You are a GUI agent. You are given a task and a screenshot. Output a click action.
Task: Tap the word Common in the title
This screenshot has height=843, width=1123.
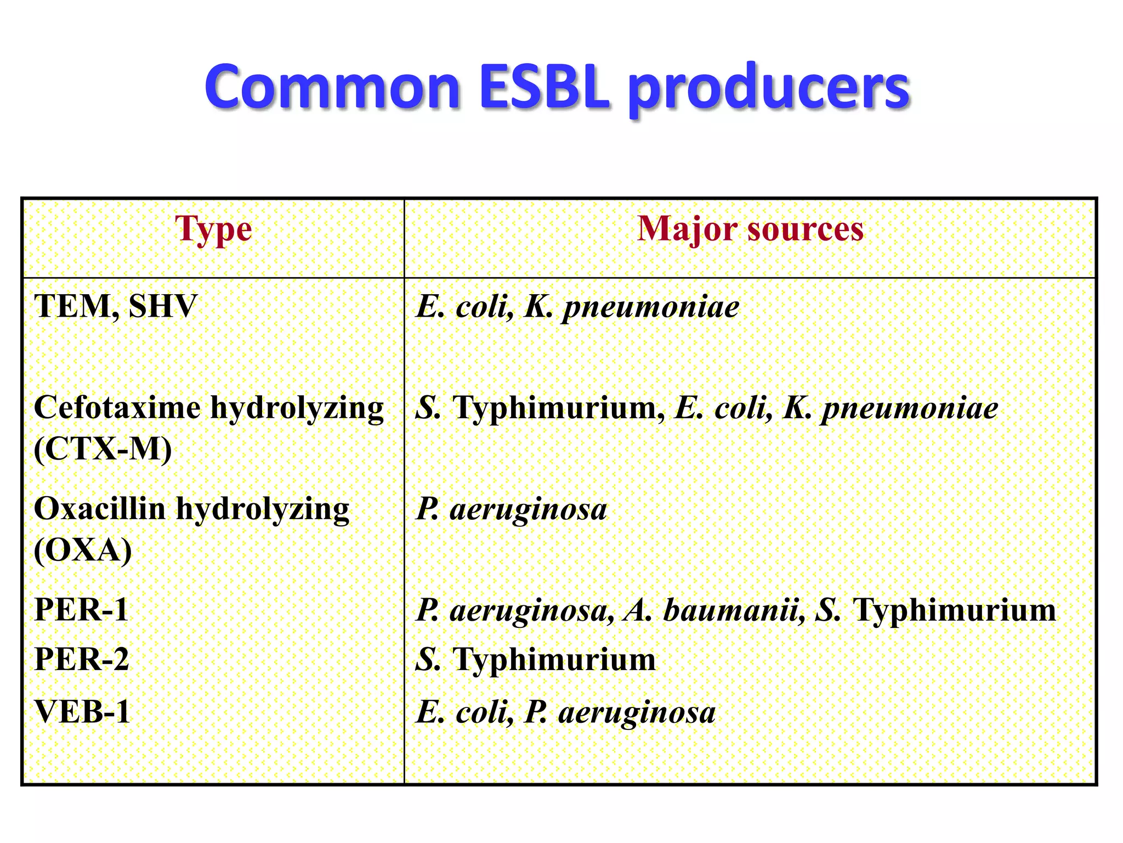coord(332,87)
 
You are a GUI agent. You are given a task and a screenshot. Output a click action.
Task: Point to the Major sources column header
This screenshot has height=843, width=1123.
coord(750,228)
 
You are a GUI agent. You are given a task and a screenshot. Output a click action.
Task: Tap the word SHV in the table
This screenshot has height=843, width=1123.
coord(162,306)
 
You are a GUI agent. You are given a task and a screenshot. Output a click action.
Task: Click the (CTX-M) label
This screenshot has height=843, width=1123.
coord(103,449)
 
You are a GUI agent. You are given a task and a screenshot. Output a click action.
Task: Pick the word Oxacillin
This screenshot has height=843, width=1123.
coord(99,509)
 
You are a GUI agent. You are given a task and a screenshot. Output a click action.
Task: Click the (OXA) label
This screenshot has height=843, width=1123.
coord(83,550)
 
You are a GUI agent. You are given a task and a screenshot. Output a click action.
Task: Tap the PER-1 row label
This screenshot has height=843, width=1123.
coord(81,610)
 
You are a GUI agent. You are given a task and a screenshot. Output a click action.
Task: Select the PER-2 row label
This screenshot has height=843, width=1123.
coord(81,659)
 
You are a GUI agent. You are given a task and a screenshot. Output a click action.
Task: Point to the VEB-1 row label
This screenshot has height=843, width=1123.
coord(82,712)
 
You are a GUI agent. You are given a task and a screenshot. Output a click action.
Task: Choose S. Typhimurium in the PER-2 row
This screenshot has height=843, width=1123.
coord(535,660)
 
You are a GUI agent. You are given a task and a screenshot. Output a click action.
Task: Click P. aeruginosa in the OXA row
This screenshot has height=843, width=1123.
coord(511,509)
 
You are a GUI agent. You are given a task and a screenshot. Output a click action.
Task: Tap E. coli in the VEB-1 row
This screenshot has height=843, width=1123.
coord(464,712)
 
